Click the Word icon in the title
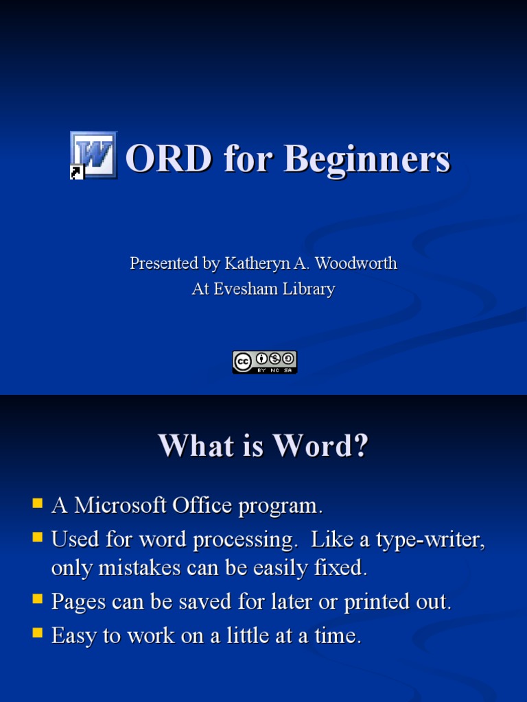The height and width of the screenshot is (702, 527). pos(94,155)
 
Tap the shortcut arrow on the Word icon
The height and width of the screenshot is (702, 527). pos(76,173)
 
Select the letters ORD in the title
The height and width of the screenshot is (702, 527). pos(169,159)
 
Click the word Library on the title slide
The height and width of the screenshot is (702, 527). pos(309,289)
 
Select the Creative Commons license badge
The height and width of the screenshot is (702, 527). pos(264,362)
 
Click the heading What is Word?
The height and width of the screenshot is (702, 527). pos(263,446)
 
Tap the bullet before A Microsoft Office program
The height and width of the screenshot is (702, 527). pos(38,504)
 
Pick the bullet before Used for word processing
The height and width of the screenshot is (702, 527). pos(38,537)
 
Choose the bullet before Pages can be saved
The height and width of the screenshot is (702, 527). pos(38,600)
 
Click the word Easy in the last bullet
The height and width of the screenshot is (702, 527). pos(74,636)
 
